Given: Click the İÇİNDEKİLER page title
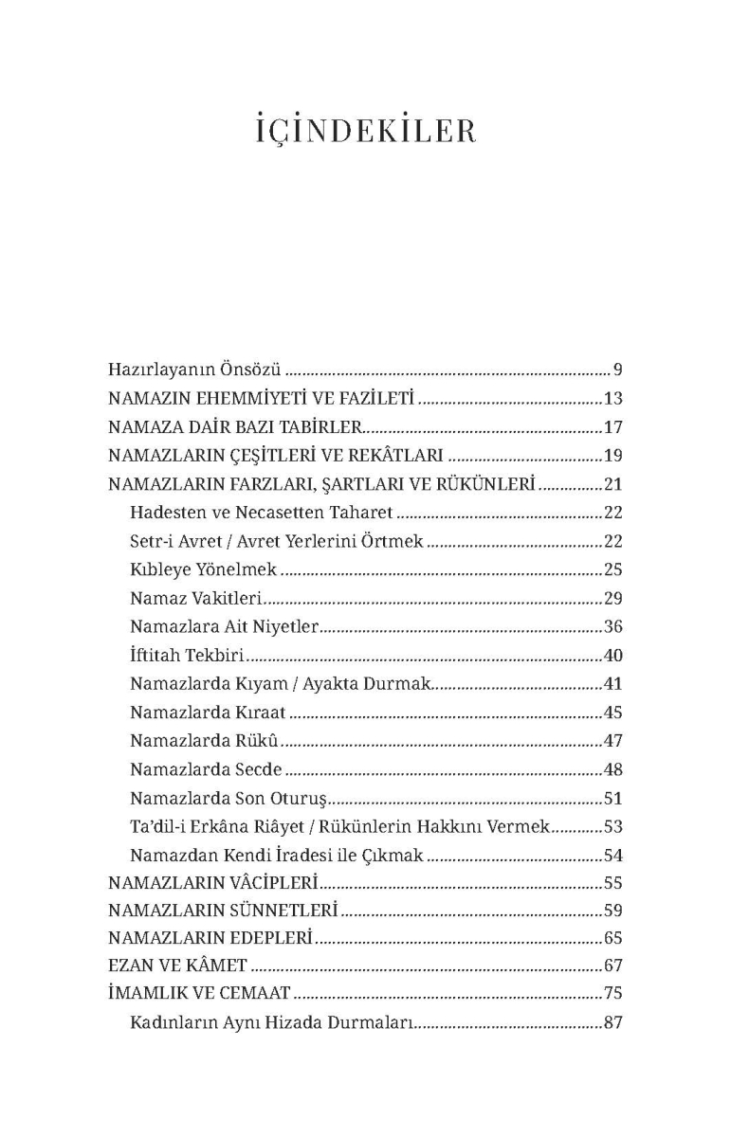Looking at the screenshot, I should click(366, 132).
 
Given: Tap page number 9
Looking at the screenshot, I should click(616, 370).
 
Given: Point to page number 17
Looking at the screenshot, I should click(612, 426).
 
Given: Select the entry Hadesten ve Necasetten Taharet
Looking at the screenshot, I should click(261, 513).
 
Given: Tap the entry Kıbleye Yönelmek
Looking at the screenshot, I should click(203, 569).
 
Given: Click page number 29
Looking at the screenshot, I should click(612, 598).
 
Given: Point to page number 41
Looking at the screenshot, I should click(612, 683).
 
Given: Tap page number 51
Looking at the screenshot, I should click(612, 797).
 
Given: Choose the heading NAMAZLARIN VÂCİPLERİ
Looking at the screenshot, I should click(212, 883).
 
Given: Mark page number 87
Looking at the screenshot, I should click(612, 1023).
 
